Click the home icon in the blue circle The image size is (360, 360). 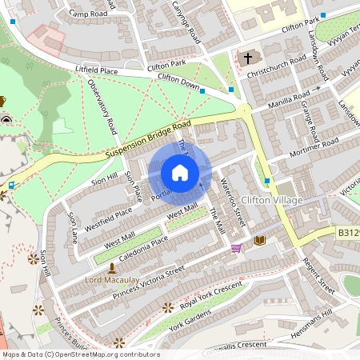[x=180, y=173]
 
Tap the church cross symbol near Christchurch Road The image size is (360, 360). [x=248, y=58]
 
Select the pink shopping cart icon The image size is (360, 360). [x=236, y=248]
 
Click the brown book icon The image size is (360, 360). [x=259, y=240]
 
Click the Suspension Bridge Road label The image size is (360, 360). [x=149, y=139]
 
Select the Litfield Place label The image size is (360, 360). [x=96, y=71]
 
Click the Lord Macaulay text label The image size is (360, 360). [x=111, y=281]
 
